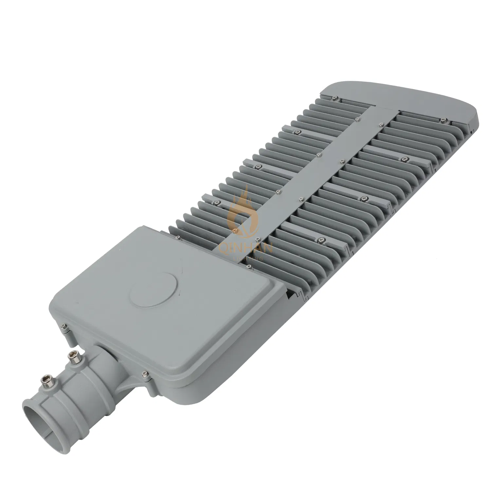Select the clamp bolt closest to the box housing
tap(70, 355)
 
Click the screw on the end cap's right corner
tap(444, 120)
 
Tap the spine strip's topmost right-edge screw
tap(380, 124)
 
